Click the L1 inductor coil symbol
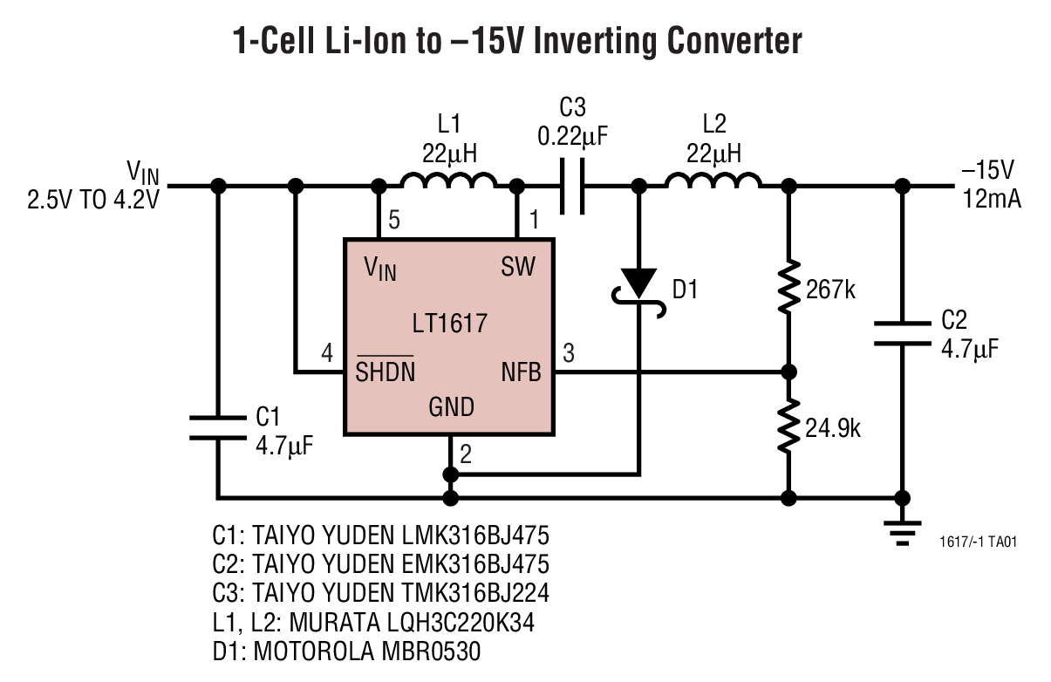point(448,181)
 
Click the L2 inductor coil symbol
point(713,181)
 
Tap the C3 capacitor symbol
point(572,185)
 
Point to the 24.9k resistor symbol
point(788,426)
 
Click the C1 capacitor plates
point(218,426)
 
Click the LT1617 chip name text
point(449,324)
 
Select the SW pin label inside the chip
point(518,267)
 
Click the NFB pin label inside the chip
point(521,373)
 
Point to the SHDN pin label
point(385,373)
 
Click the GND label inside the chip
point(451,406)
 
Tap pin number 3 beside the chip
point(569,353)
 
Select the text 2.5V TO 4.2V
point(94,199)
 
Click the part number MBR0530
point(428,651)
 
